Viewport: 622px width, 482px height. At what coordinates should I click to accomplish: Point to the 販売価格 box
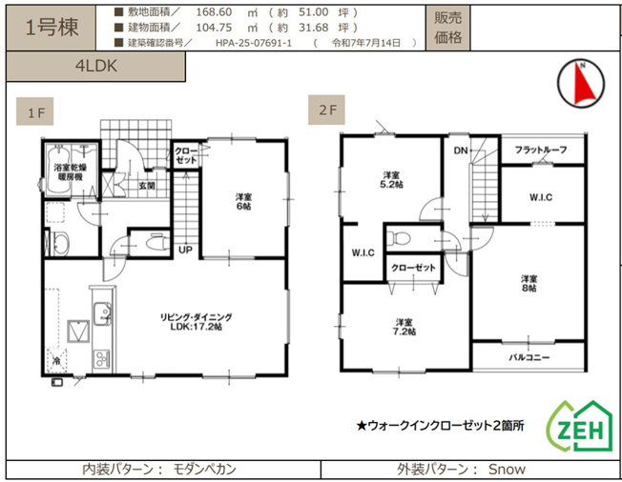point(447,28)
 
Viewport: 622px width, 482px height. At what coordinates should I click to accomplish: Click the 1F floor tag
point(36,114)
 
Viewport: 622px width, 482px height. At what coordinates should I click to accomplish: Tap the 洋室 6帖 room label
point(244,201)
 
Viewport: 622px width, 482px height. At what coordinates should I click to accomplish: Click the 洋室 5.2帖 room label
point(391,180)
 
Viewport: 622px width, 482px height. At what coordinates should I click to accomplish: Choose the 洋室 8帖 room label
point(529,283)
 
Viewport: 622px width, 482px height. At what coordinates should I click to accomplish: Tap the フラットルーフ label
point(541,151)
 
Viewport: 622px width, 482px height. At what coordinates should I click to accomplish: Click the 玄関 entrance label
point(146,186)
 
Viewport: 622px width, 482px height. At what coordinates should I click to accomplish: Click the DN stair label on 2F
point(460,151)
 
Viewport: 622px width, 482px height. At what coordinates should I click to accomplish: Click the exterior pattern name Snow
point(507,470)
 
